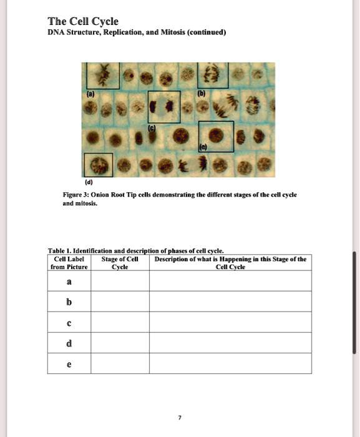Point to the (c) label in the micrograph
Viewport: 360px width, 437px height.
pos(151,127)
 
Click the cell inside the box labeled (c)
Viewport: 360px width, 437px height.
pos(164,106)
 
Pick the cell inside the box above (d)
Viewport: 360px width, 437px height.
pos(98,165)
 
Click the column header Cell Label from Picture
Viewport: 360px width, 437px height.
pos(69,262)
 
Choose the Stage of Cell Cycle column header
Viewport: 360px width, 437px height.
pos(120,262)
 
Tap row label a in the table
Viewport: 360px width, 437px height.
pos(69,282)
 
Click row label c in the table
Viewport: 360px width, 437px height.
pos(69,323)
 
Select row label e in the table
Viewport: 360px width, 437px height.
pos(69,364)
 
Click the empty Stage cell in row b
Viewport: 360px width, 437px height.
pos(120,302)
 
